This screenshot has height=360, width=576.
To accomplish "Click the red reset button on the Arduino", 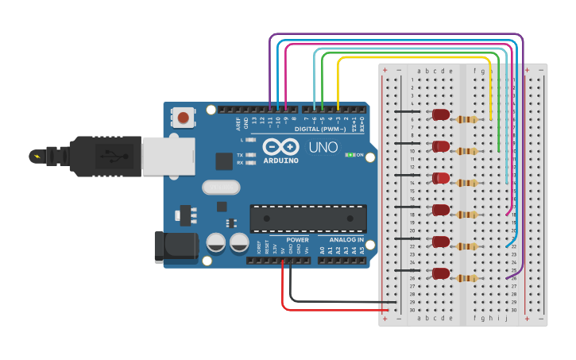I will [184, 118].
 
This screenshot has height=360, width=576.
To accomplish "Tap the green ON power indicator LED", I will [350, 155].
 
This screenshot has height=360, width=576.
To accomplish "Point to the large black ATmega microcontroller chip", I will [308, 218].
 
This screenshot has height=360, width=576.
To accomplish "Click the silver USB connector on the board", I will [168, 155].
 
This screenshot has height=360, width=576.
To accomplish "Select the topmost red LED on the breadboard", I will [440, 115].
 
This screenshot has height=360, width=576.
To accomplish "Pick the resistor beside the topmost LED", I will [468, 120].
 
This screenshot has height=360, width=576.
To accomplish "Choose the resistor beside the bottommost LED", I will [468, 278].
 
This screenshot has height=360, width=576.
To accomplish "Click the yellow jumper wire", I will [413, 58].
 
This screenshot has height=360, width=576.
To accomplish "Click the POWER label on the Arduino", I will [297, 239].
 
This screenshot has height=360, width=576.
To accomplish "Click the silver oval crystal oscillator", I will [220, 188].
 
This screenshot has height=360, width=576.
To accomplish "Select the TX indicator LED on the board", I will [251, 155].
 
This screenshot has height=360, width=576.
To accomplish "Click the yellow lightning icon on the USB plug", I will [37, 155].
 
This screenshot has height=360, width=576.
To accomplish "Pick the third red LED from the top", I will [440, 179].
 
